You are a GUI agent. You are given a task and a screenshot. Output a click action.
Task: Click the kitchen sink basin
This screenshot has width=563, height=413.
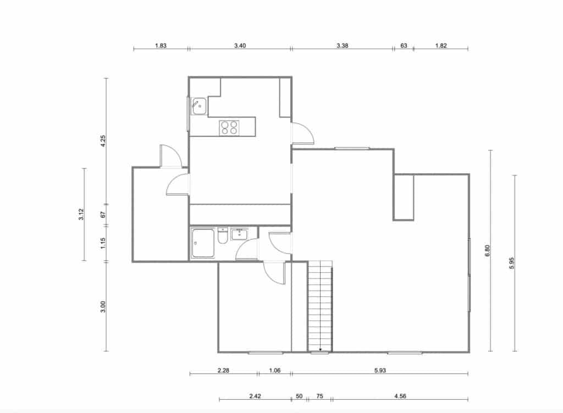pos(199,106)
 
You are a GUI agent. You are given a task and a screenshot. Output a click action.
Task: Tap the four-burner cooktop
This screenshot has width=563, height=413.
pos(230,128)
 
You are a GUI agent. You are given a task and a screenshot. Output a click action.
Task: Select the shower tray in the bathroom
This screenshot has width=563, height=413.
pos(203,244)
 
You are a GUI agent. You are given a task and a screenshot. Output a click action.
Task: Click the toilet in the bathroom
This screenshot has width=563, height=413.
pos(223,236)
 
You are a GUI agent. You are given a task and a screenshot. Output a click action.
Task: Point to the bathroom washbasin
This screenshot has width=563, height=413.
pos(240,234)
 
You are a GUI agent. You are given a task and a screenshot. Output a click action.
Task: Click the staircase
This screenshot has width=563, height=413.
pos(320,305)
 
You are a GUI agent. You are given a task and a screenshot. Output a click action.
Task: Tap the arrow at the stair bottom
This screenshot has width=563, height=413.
pos(320,348)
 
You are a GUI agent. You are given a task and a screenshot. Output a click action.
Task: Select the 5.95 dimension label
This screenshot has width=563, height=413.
pos(512,263)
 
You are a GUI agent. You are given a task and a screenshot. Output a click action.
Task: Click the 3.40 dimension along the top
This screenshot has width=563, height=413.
pos(240,46)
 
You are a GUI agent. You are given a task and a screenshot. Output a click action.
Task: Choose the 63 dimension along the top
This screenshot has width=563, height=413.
pos(404,46)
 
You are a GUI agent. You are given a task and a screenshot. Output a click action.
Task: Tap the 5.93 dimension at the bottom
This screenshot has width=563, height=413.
pos(379,371)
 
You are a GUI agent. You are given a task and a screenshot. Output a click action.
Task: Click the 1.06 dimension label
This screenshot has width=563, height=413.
pos(275,371)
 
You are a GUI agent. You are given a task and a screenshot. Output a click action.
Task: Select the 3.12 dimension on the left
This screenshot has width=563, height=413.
pos(81,215)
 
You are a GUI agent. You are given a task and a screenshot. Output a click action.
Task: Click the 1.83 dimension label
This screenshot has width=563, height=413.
pos(161,46)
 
